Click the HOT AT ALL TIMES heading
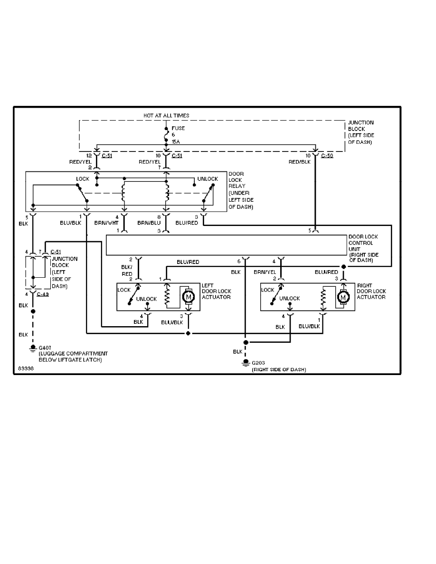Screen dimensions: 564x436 click(166, 115)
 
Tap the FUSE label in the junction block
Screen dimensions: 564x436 click(178, 128)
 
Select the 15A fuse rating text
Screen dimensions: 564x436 click(175, 142)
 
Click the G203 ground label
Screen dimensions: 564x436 click(259, 364)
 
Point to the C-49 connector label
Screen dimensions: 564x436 click(43, 294)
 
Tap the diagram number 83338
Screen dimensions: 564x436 click(25, 368)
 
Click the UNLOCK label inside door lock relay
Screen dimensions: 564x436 click(208, 179)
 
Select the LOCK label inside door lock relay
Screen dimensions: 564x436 click(83, 179)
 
